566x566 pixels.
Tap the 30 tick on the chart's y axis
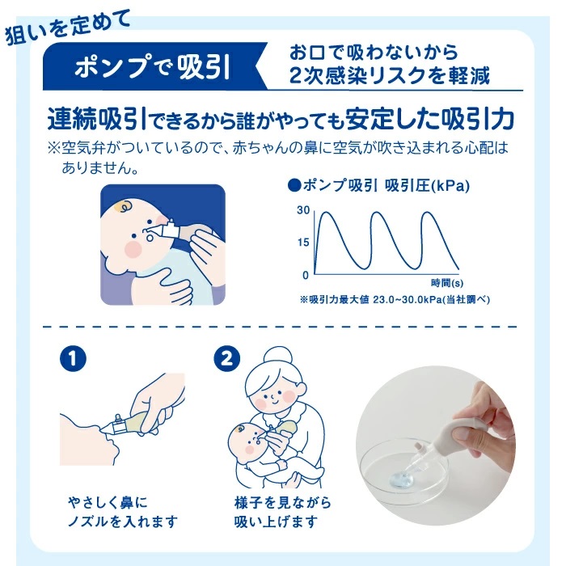point(303,210)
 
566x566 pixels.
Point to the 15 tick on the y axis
point(303,242)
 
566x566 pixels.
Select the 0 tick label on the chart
point(306,274)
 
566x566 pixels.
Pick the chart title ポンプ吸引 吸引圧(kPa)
point(379,185)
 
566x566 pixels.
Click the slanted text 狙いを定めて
point(66,26)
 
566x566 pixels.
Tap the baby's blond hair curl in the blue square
point(124,209)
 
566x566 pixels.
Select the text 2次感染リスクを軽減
point(391,77)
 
